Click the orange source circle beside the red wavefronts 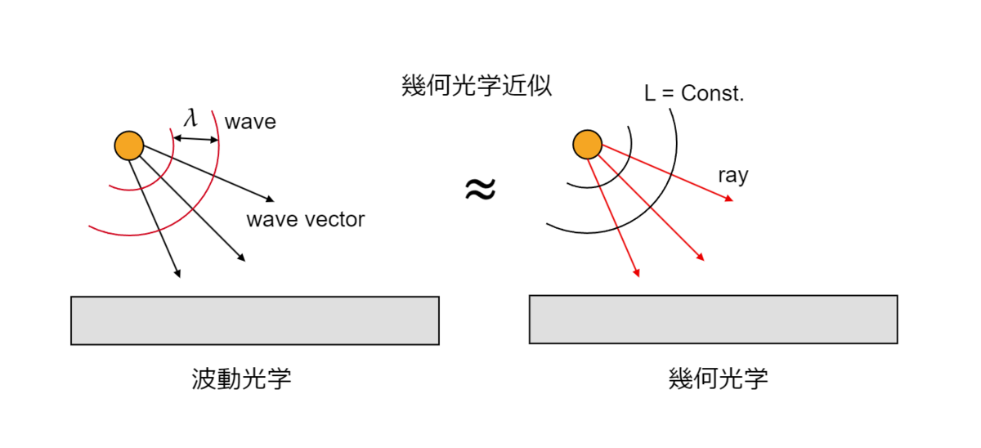point(129,146)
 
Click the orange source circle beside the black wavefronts point(587,146)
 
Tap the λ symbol point(190,118)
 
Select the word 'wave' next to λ point(250,123)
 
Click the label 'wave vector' point(305,219)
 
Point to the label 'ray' point(732,175)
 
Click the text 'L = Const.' point(694,94)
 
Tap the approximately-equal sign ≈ point(480,190)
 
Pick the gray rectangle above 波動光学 point(255,320)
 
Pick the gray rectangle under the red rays point(713,320)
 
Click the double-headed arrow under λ point(197,140)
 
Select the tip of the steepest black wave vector point(178,276)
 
